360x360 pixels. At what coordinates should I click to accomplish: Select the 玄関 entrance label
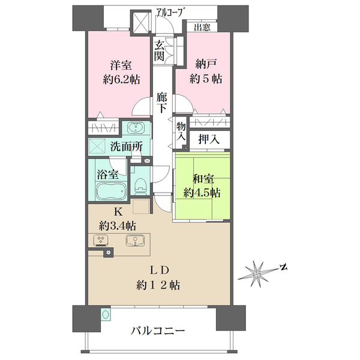pyautogui.click(x=160, y=51)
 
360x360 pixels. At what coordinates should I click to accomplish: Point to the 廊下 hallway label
pyautogui.click(x=161, y=103)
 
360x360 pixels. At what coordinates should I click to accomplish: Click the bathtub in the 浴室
pyautogui.click(x=112, y=191)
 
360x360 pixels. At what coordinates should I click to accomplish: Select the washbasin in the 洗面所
pyautogui.click(x=136, y=128)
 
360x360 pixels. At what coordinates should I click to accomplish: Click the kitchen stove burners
pyautogui.click(x=101, y=241)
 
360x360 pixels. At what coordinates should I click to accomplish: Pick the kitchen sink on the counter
pyautogui.click(x=135, y=241)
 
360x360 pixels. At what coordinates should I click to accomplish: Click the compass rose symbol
pyautogui.click(x=257, y=274)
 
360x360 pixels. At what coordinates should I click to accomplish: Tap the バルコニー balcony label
pyautogui.click(x=158, y=331)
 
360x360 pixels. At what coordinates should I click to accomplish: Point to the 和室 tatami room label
pyautogui.click(x=203, y=179)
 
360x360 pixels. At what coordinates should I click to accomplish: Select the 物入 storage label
pyautogui.click(x=181, y=131)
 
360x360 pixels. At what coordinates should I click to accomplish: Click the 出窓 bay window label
pyautogui.click(x=202, y=28)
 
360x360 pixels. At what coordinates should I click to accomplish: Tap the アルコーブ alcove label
pyautogui.click(x=170, y=12)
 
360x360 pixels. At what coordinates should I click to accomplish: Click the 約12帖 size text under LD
pyautogui.click(x=158, y=286)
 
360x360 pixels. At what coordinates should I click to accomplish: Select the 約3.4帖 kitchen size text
pyautogui.click(x=118, y=226)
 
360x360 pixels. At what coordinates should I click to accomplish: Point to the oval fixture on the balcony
pyautogui.click(x=106, y=314)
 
